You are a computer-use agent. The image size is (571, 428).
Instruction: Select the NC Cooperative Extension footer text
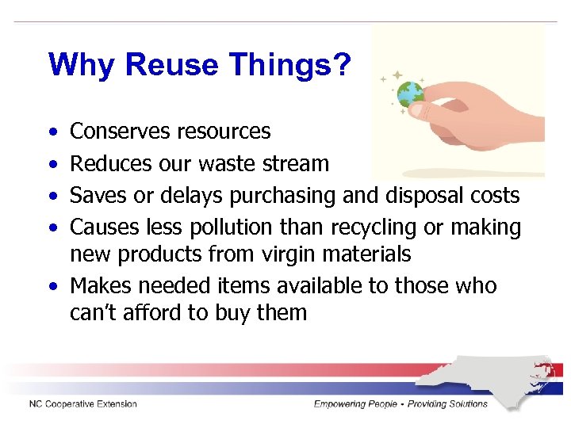coord(83,404)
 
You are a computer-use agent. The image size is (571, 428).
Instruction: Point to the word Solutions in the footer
coord(463,404)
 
